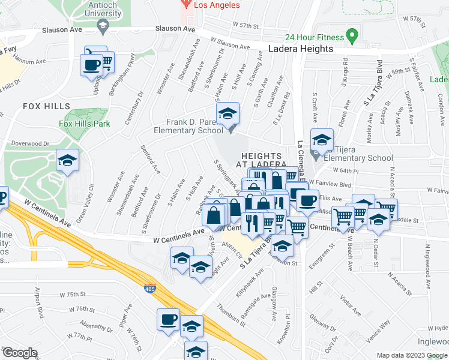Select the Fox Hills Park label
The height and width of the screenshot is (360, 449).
click(x=85, y=124)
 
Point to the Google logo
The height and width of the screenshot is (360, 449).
click(x=20, y=353)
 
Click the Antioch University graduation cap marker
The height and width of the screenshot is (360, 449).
click(x=103, y=25)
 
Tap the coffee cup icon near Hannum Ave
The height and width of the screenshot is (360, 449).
click(x=92, y=65)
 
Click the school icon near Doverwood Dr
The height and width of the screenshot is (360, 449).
click(x=67, y=160)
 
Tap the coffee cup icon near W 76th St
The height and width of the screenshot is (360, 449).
click(x=169, y=319)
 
